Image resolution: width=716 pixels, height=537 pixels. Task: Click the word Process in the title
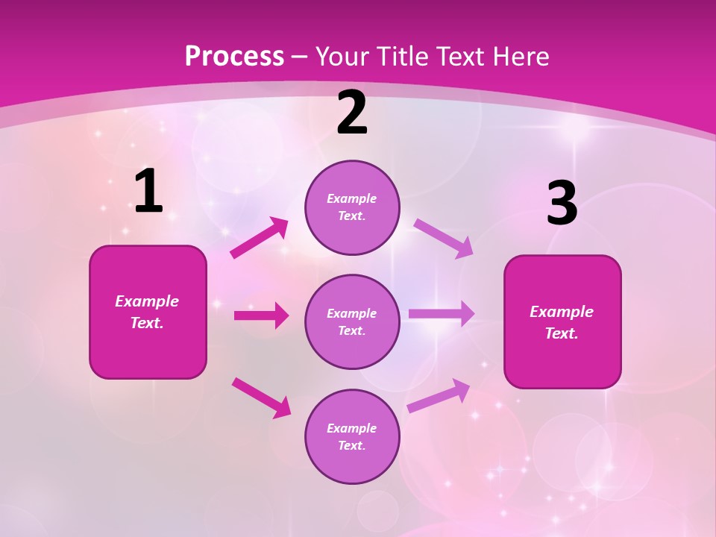click(234, 57)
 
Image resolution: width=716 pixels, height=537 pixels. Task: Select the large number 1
click(148, 192)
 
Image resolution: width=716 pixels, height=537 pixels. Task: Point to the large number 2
click(352, 113)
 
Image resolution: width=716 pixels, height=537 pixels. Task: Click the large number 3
click(562, 204)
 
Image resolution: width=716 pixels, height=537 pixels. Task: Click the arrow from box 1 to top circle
click(260, 237)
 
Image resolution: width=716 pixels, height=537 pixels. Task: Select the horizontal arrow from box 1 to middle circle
click(261, 315)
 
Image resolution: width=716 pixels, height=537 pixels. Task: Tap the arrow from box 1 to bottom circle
click(261, 398)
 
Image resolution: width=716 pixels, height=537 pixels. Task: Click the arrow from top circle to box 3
click(444, 238)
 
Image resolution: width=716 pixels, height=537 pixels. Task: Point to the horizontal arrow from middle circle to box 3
click(442, 314)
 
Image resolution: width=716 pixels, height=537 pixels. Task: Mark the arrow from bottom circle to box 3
click(439, 396)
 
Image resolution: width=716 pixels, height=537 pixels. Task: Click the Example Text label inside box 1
click(147, 312)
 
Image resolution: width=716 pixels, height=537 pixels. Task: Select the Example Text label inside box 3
click(562, 322)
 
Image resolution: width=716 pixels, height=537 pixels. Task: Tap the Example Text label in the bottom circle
click(352, 436)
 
